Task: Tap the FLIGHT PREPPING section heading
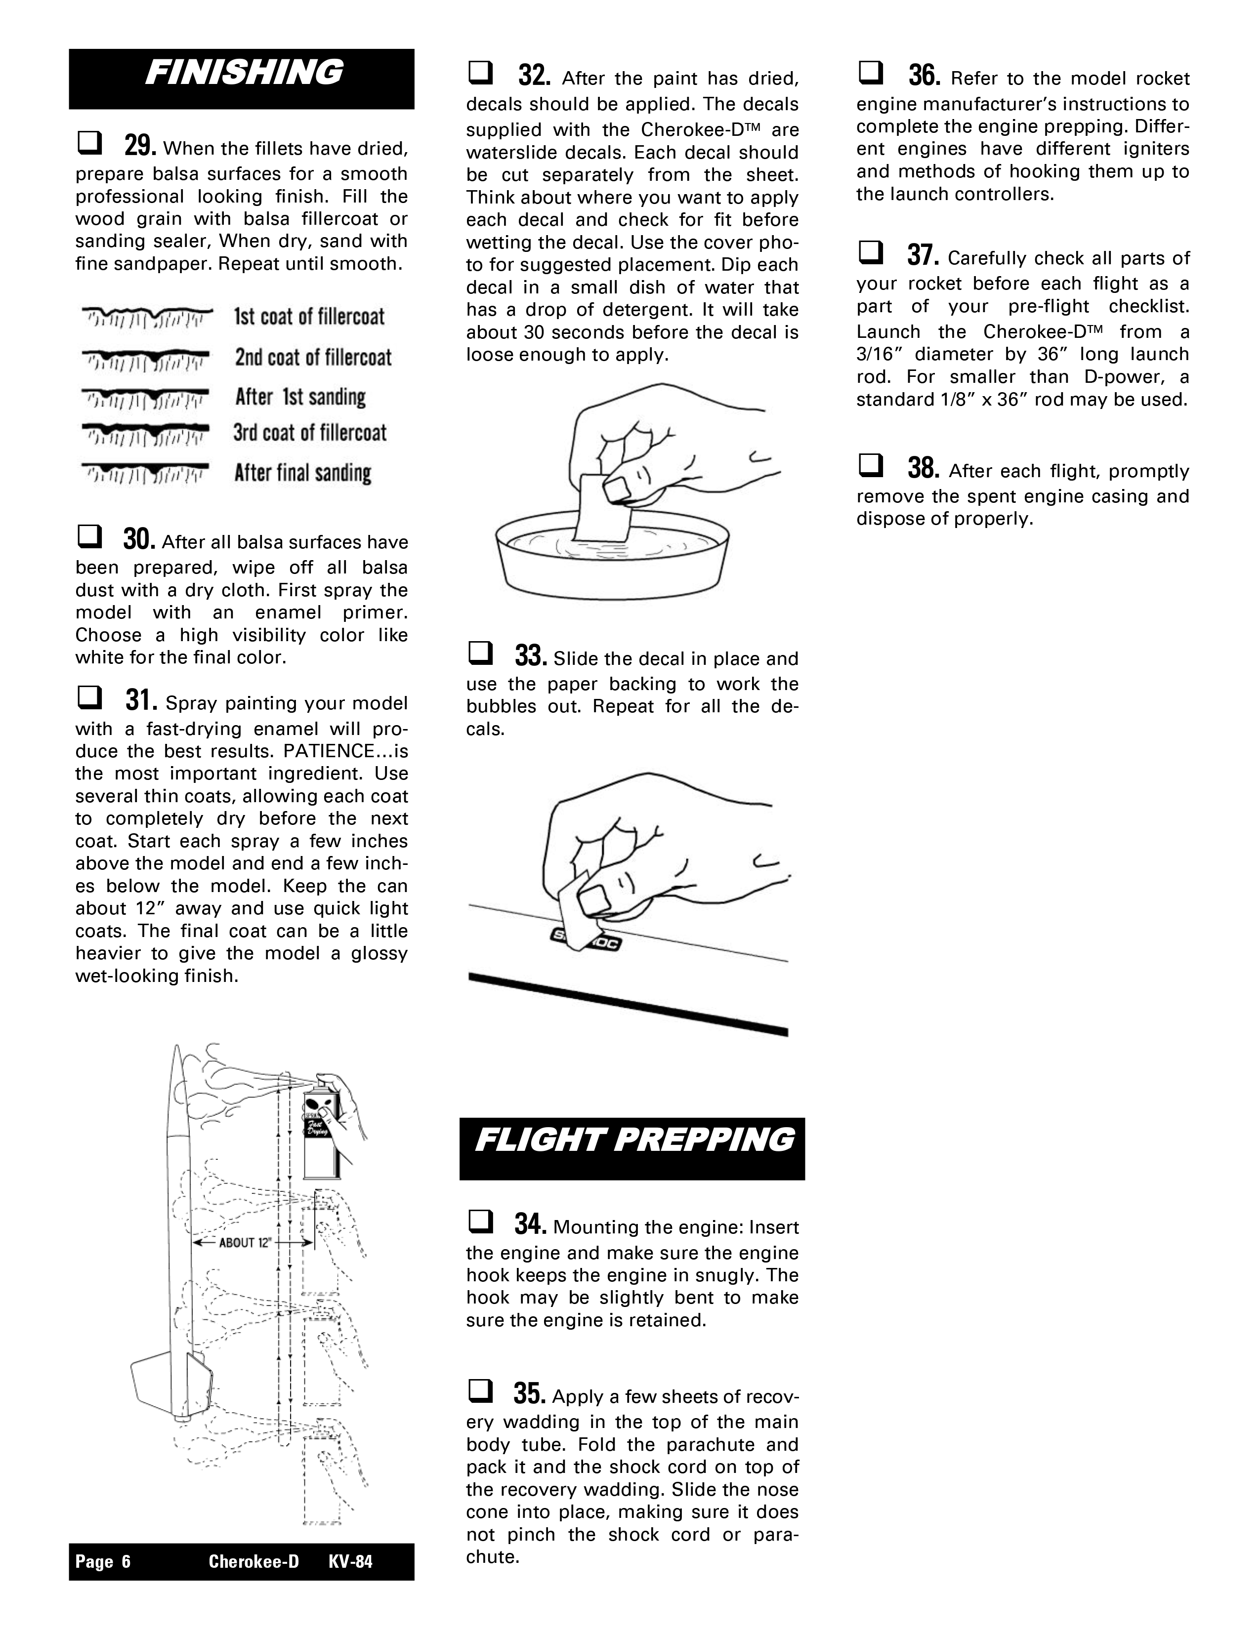[633, 1140]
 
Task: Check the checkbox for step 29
[88, 143]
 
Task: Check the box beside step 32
[479, 73]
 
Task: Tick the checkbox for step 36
[870, 73]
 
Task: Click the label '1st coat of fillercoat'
[309, 317]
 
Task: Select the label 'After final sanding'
[302, 473]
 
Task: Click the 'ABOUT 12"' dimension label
[243, 1243]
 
